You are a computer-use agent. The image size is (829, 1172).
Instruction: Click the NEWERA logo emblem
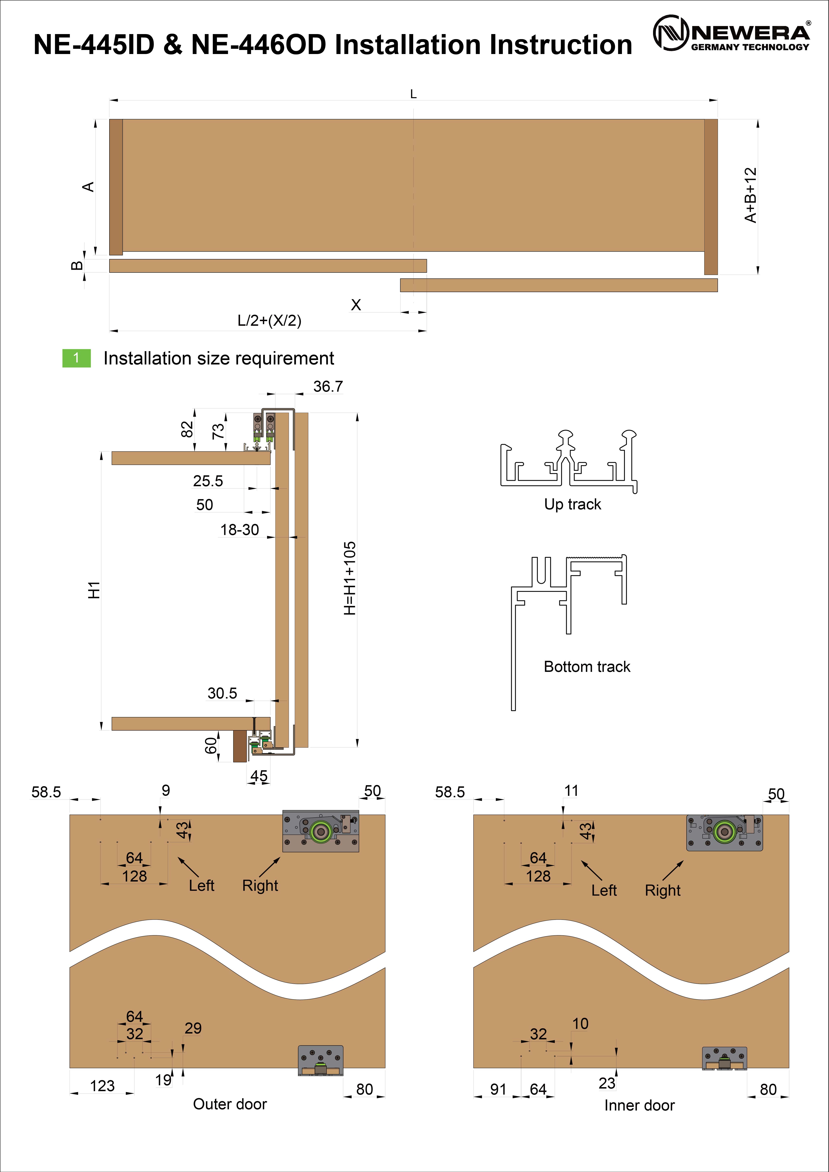(671, 33)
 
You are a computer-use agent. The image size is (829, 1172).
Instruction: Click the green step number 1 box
(77, 358)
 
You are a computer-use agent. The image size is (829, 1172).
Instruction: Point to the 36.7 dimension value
(328, 386)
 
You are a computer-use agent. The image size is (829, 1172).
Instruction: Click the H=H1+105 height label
(350, 578)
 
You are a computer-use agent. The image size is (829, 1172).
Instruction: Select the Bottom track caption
(587, 667)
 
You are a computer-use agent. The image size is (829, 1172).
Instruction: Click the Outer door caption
(230, 1104)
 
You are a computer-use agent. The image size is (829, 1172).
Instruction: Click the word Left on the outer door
(202, 886)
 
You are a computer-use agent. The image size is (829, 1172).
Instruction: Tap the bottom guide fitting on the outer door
(320, 1061)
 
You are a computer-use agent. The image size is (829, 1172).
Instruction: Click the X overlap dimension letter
(356, 305)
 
